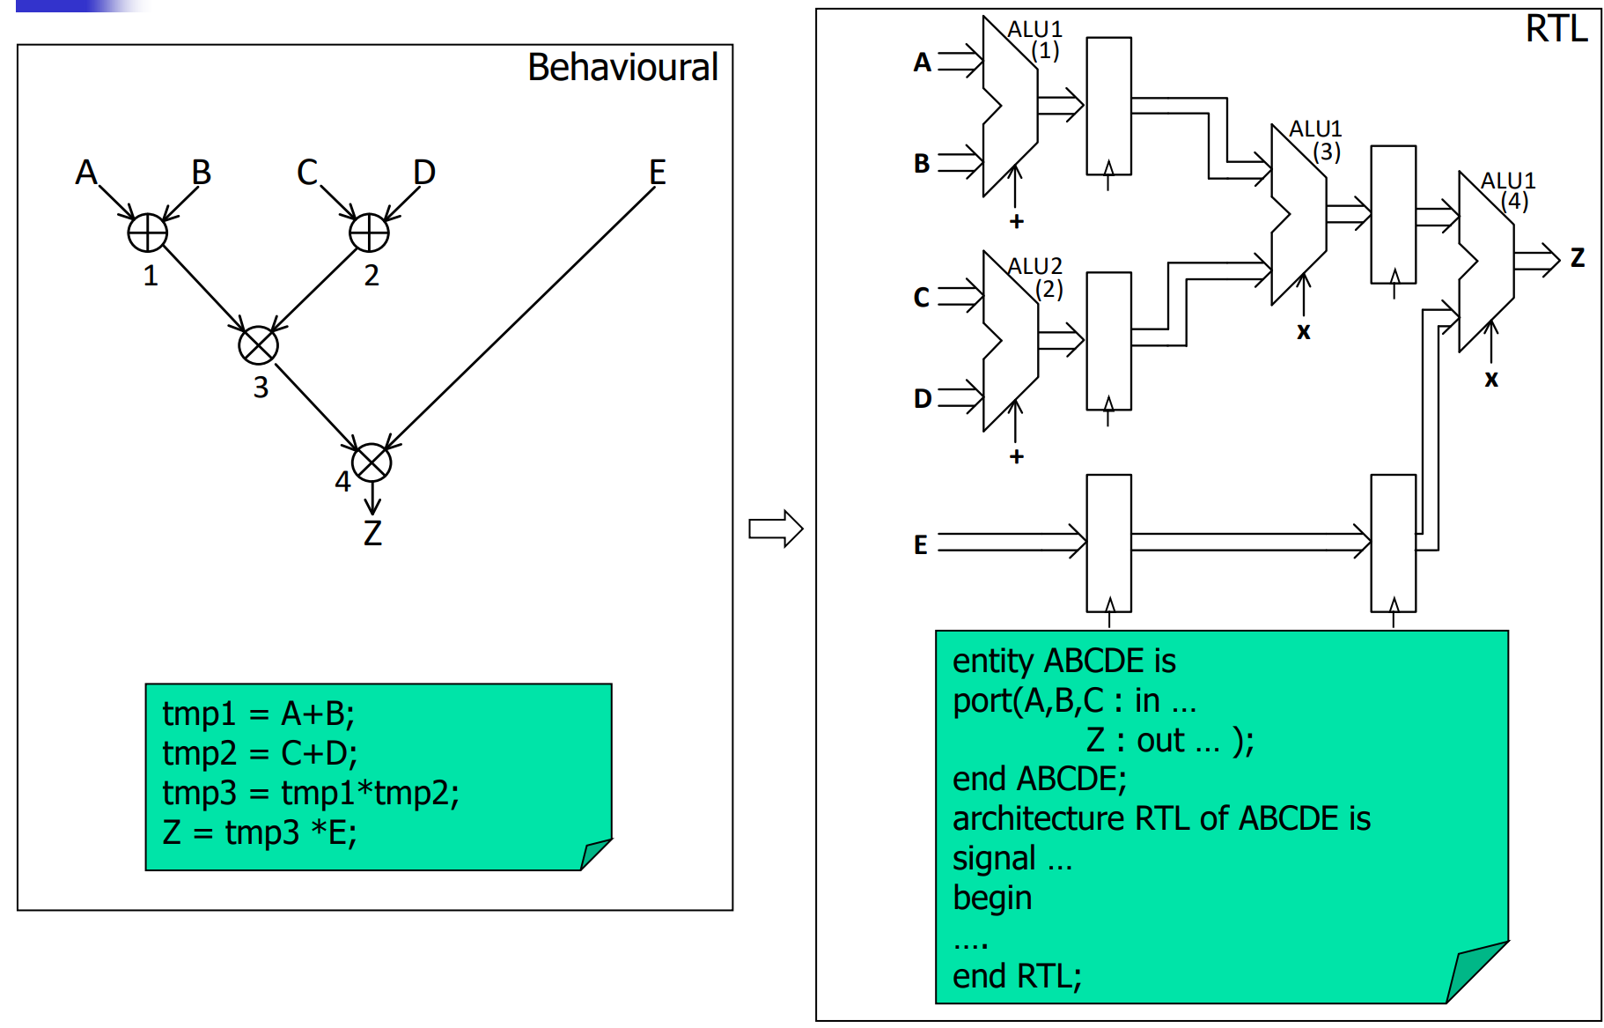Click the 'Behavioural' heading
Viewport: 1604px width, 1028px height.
point(622,68)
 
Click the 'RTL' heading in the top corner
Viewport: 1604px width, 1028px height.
point(1556,29)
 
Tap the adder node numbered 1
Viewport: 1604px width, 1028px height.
point(147,233)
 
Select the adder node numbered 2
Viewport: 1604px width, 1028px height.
point(369,233)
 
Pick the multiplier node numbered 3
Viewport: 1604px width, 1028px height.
point(258,345)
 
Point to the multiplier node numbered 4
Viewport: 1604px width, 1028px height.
point(372,462)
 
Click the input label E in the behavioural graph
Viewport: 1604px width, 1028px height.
point(657,172)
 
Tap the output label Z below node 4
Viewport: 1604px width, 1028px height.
point(372,533)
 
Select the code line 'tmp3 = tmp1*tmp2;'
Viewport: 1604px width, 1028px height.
point(310,793)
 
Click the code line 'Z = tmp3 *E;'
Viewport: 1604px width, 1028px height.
point(260,832)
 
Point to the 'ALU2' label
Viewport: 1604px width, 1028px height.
point(1034,266)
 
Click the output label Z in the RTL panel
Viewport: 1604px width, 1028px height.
point(1577,258)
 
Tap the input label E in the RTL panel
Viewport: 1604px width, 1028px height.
point(921,544)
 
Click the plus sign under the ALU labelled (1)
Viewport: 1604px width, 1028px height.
point(1017,221)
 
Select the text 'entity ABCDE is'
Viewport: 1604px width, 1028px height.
point(1063,661)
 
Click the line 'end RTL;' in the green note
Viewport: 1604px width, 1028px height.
point(1017,976)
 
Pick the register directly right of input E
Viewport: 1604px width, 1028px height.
point(1108,543)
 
